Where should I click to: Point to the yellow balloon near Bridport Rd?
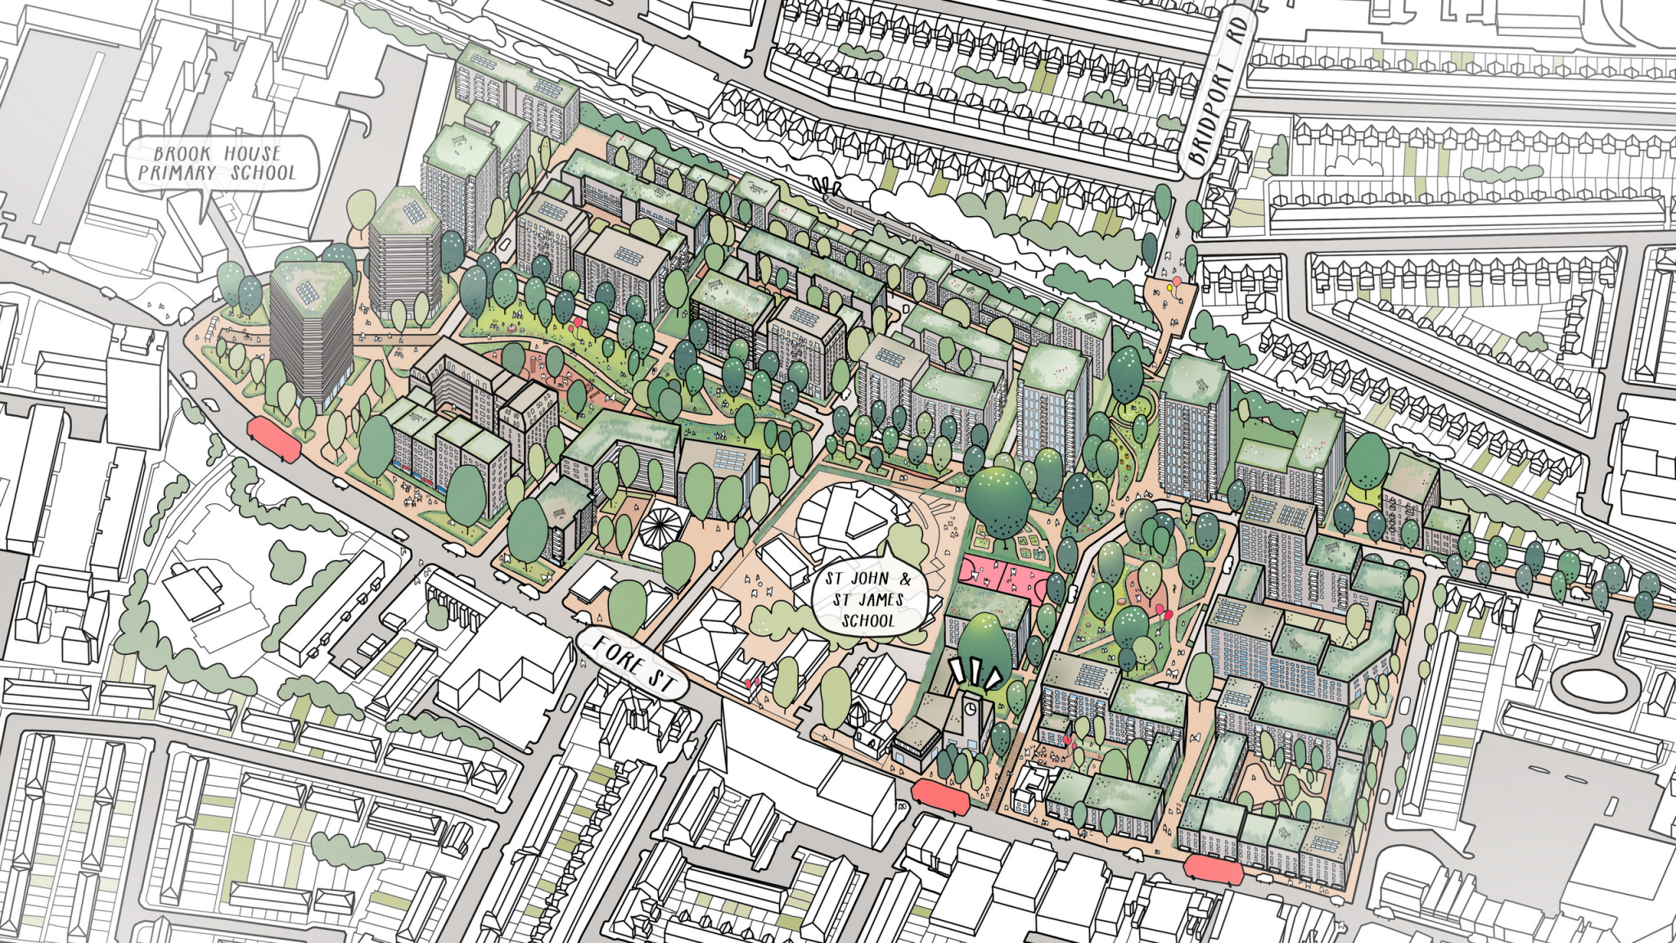click(x=1176, y=282)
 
